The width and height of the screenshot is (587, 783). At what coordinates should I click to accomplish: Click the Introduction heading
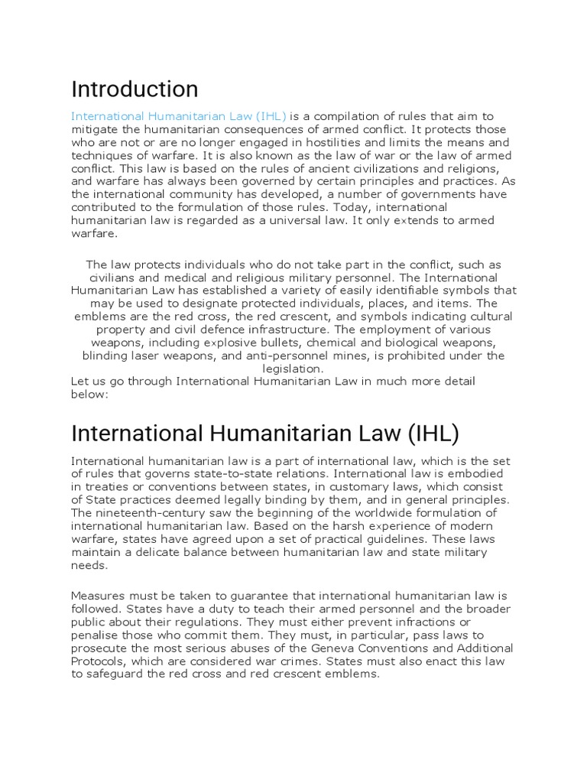[135, 89]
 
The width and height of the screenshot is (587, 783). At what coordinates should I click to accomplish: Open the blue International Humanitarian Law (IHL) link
[179, 116]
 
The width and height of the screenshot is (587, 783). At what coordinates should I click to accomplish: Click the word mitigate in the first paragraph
[97, 129]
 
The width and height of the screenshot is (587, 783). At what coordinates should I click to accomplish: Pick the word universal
[310, 220]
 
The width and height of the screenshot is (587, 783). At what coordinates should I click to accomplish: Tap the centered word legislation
[293, 369]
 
